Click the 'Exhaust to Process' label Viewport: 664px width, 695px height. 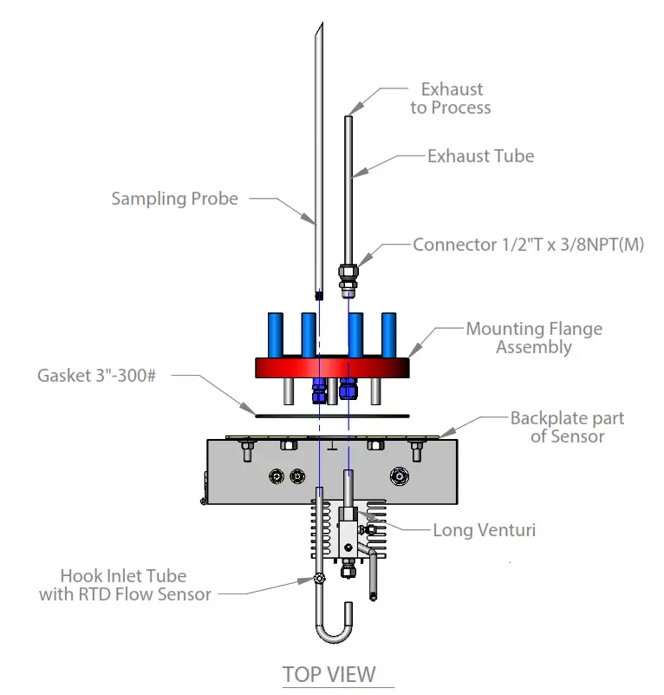(451, 98)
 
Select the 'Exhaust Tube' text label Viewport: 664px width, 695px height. (480, 156)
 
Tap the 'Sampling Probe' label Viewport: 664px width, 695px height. (174, 199)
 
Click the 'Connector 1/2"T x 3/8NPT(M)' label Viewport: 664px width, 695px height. (528, 245)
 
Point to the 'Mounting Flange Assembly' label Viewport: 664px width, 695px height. (534, 338)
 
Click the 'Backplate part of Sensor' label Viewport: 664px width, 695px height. (567, 427)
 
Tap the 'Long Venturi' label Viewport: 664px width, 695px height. (484, 529)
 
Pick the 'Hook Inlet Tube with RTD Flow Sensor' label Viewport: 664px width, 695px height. (124, 585)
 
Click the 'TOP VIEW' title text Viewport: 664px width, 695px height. (329, 674)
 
